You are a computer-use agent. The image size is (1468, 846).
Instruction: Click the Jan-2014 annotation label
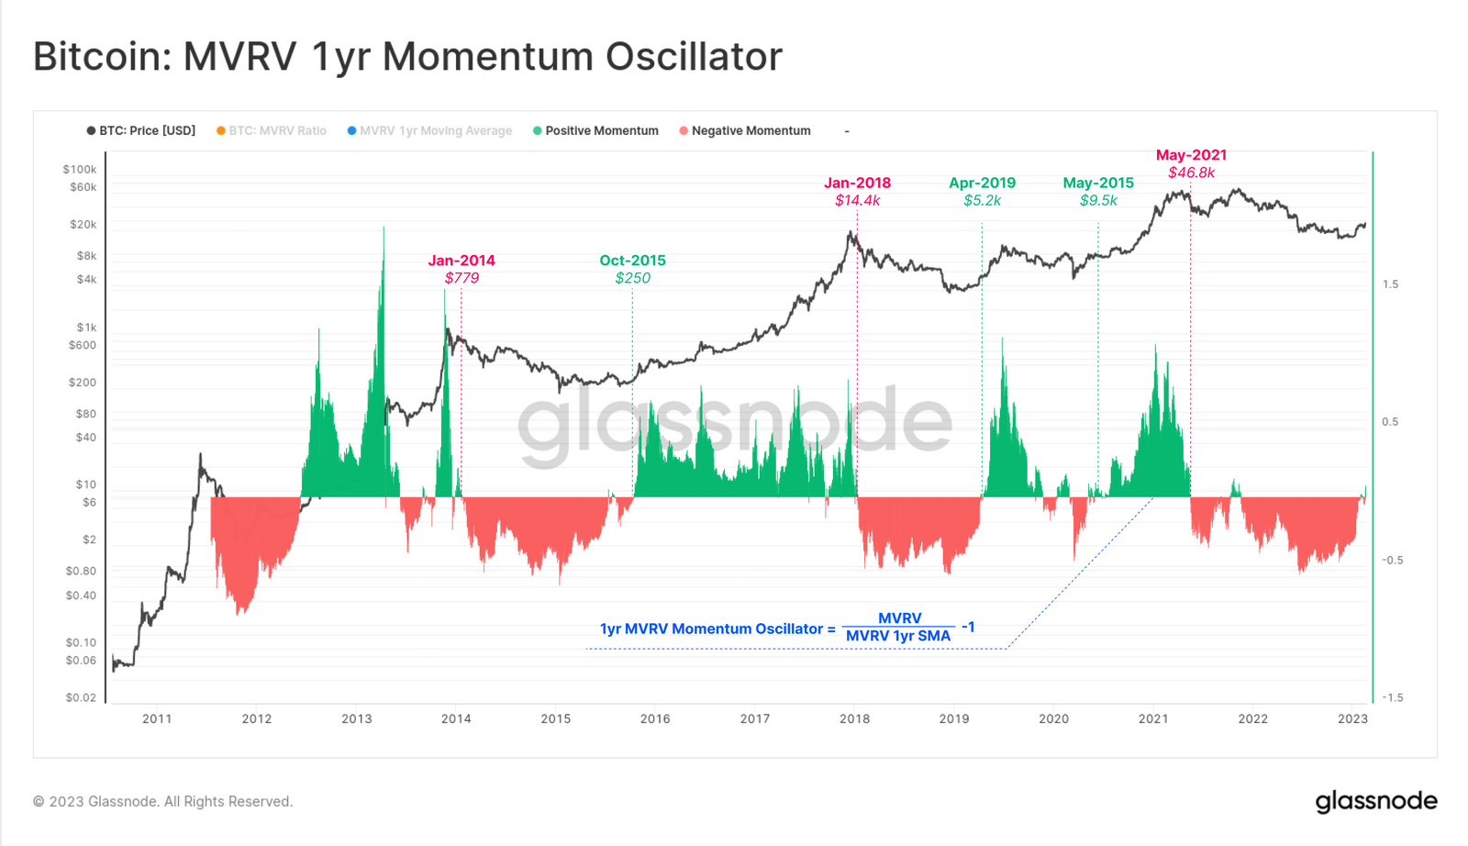coord(462,261)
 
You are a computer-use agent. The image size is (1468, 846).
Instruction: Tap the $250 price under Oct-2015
coord(632,278)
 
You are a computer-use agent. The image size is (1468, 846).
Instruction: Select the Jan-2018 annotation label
coord(857,183)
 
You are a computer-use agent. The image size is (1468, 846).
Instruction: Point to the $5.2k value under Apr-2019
coord(982,200)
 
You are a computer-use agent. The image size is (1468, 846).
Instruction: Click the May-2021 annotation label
coord(1191,155)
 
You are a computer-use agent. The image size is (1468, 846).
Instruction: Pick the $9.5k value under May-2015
coord(1098,200)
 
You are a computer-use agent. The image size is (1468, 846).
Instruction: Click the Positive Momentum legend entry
coord(601,131)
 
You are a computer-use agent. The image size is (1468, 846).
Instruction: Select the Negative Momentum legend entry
coord(751,131)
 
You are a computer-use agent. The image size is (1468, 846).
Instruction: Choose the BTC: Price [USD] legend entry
coord(147,131)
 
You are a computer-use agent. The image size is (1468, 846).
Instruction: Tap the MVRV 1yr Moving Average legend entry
coord(435,131)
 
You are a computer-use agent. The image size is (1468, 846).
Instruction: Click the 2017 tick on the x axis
coord(755,718)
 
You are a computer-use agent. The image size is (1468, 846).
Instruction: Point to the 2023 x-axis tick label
coord(1352,718)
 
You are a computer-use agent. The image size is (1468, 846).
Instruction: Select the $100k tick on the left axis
coord(80,169)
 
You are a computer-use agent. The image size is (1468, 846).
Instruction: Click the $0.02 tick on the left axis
coord(81,697)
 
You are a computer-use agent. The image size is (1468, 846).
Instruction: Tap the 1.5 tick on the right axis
coord(1391,284)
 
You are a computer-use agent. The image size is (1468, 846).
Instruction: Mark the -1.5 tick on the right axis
coord(1393,697)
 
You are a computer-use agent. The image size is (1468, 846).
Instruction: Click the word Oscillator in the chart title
coord(694,57)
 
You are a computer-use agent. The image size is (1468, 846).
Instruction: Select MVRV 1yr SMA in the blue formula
coord(898,636)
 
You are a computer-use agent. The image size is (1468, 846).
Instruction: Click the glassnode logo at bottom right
coord(1376,801)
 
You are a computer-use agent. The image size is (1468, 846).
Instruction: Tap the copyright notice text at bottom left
coord(163,801)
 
